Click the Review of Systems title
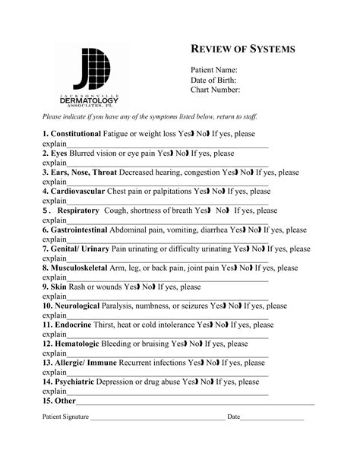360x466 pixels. point(242,49)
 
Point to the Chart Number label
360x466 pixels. point(216,90)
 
